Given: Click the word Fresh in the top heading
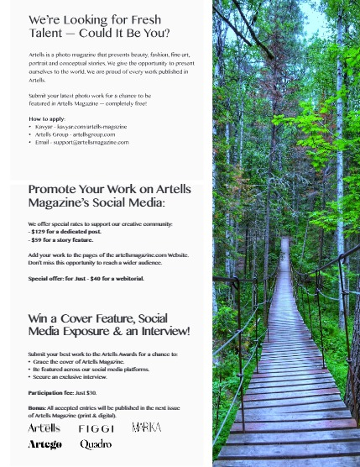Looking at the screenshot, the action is tap(142, 19).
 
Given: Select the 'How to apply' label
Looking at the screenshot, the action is tap(46, 118).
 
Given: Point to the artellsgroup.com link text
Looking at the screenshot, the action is tap(94, 134).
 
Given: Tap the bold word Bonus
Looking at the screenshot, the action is tap(37, 407).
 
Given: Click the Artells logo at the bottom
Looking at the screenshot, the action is tap(44, 428).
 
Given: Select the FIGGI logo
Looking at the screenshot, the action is tap(97, 429).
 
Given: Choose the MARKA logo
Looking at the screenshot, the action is tap(146, 428).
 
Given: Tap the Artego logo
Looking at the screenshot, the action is tap(45, 444).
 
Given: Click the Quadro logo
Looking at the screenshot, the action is tap(96, 444).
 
